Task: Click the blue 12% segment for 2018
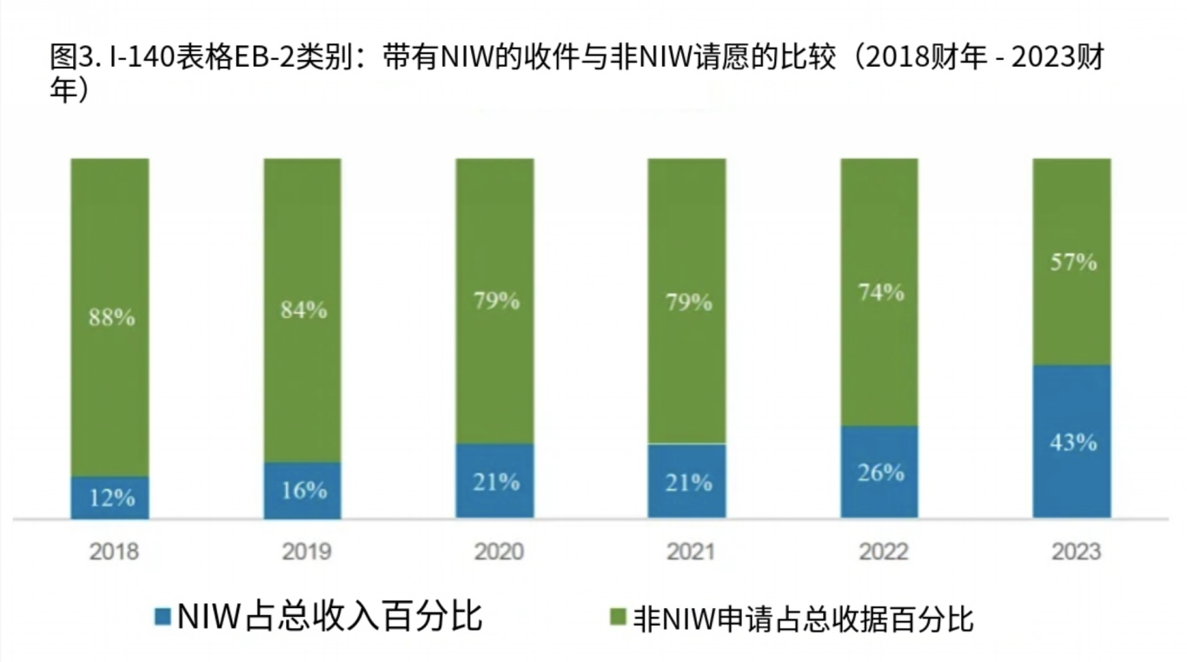click(109, 498)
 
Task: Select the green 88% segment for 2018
click(109, 317)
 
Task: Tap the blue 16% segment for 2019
click(302, 490)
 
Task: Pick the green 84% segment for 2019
click(302, 309)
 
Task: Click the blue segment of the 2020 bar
click(495, 481)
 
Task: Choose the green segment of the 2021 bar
click(686, 301)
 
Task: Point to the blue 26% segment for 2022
click(879, 472)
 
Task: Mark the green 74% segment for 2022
click(879, 292)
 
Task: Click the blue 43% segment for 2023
click(1071, 441)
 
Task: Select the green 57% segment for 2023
click(1071, 261)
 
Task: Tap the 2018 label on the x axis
click(113, 552)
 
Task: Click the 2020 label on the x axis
click(499, 552)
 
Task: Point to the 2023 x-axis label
click(1075, 552)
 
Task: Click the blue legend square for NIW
click(162, 618)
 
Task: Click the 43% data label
click(1072, 442)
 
